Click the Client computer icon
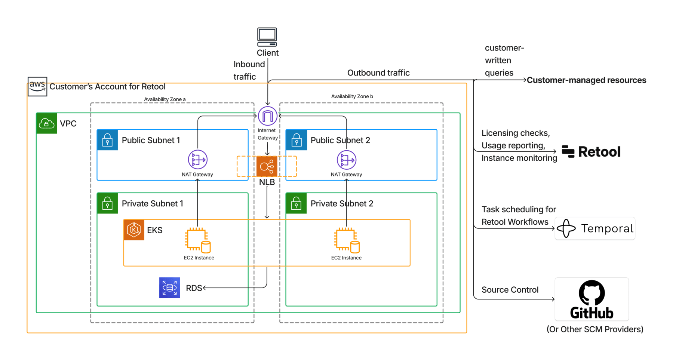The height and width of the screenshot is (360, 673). [267, 37]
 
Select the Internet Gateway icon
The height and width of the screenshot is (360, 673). [268, 116]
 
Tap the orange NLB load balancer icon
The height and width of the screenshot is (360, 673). [267, 166]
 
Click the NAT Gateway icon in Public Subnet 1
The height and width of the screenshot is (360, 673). [197, 160]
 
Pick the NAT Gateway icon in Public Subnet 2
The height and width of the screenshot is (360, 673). [346, 160]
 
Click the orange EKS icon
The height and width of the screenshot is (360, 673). [134, 230]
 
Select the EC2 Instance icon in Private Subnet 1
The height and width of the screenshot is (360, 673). [198, 240]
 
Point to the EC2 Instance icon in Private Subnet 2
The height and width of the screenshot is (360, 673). [347, 240]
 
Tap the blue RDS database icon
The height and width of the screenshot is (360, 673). [169, 287]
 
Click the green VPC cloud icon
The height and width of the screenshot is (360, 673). [47, 123]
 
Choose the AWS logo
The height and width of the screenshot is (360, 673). [37, 86]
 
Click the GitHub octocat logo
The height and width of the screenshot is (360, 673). [591, 293]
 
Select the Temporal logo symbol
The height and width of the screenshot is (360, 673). [566, 228]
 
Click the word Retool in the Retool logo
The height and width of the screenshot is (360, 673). [599, 151]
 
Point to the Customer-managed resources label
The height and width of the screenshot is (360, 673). [586, 80]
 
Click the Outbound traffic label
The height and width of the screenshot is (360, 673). [378, 73]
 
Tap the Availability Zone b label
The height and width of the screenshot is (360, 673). [352, 96]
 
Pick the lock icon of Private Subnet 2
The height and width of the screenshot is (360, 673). [296, 203]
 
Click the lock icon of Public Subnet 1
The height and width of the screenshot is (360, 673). [107, 140]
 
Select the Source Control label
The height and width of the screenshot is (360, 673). [510, 290]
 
